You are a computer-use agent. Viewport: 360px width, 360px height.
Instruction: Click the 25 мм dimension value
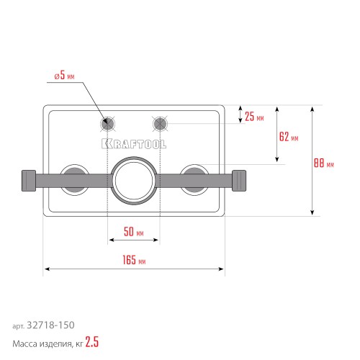pos(253,115)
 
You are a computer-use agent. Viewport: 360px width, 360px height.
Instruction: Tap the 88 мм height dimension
pos(324,163)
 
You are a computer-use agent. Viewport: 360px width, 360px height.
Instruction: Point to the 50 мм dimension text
pos(134,233)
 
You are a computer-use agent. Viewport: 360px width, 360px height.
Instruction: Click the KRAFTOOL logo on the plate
pos(134,143)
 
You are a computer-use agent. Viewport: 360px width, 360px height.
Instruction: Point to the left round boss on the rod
pos(74,178)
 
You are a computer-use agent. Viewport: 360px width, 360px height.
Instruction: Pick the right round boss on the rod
pos(193,178)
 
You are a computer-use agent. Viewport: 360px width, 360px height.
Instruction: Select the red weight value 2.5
pos(91,343)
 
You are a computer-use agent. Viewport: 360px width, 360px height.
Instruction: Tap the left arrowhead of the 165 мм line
pos(46,270)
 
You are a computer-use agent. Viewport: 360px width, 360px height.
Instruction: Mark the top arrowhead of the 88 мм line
pos(312,109)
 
